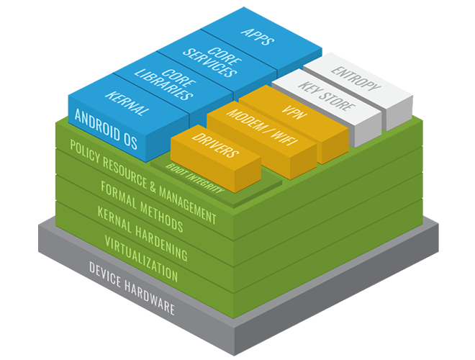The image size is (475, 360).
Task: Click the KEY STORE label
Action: pyautogui.click(x=326, y=100)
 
